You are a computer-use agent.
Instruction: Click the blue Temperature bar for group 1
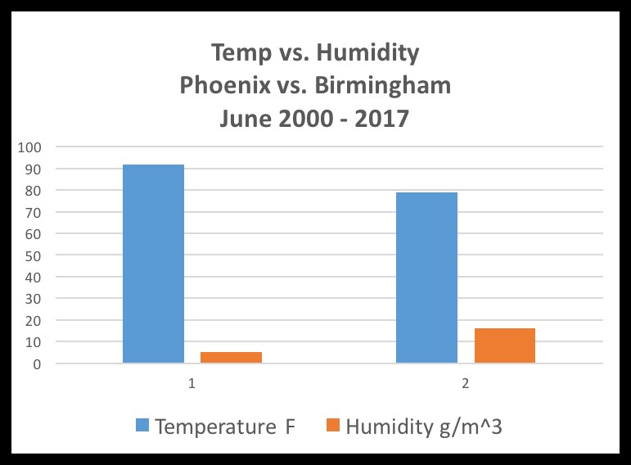(x=153, y=264)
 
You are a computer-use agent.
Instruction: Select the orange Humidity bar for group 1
(x=231, y=358)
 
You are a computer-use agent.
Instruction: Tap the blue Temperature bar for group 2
(x=426, y=278)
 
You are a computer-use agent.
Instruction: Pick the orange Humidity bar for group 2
(x=505, y=345)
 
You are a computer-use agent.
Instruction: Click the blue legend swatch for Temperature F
(x=143, y=426)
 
